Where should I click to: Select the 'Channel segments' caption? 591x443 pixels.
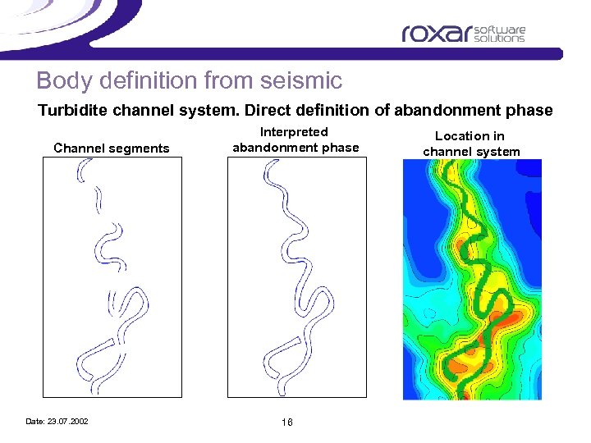pos(111,148)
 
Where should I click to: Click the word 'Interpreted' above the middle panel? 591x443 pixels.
pos(294,132)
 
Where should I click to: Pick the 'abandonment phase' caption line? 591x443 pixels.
pos(295,148)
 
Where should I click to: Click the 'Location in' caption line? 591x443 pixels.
pos(470,136)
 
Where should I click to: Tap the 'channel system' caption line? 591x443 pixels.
pos(471,151)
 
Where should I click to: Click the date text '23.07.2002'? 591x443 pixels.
pos(69,422)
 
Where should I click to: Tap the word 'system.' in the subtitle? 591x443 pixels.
pos(199,111)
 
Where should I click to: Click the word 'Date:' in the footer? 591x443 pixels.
pos(35,422)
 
